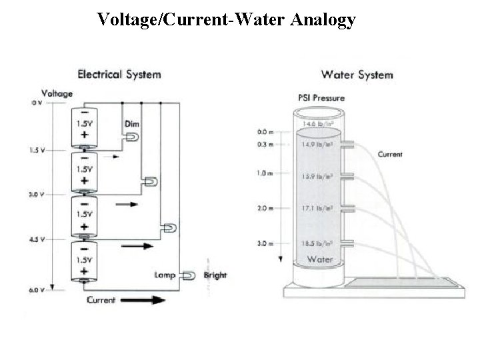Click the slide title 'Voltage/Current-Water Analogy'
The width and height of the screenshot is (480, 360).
[226, 21]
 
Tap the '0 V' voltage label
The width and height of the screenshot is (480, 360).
[37, 103]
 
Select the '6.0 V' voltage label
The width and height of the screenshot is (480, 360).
[36, 290]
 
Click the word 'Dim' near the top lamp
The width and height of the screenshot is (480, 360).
[132, 125]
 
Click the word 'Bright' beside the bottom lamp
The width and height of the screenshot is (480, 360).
[215, 275]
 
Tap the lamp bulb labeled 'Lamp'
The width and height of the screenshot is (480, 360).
[189, 275]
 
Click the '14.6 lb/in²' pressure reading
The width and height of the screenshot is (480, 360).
[318, 124]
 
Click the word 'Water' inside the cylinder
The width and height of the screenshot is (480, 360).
[316, 258]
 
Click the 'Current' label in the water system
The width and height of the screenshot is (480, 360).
[390, 155]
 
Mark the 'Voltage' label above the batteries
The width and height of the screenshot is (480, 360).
[57, 93]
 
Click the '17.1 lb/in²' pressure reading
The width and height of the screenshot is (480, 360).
[318, 208]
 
